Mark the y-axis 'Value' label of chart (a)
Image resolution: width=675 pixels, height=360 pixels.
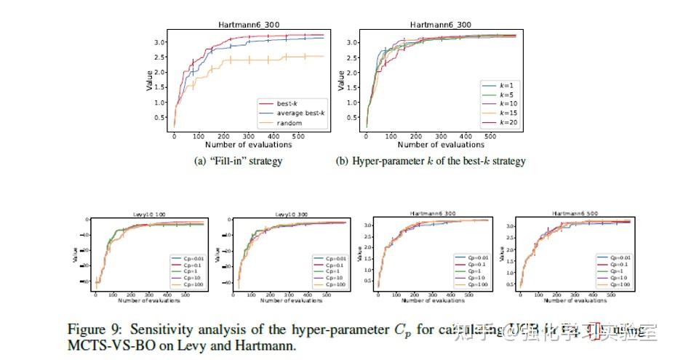click(x=149, y=80)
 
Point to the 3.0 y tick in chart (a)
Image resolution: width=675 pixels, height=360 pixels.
click(x=159, y=42)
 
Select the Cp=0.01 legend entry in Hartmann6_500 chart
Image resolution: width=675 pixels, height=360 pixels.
click(x=615, y=257)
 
